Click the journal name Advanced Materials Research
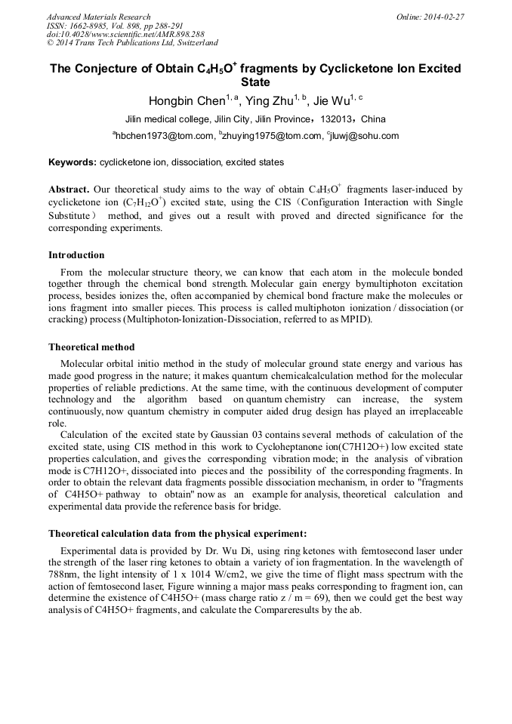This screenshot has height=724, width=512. [98, 17]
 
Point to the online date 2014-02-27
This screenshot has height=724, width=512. [444, 17]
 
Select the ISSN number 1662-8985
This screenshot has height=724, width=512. [90, 26]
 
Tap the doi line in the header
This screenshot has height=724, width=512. [125, 35]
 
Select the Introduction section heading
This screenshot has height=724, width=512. [76, 255]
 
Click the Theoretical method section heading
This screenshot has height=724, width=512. [91, 347]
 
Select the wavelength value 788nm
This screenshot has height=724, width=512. [64, 574]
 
